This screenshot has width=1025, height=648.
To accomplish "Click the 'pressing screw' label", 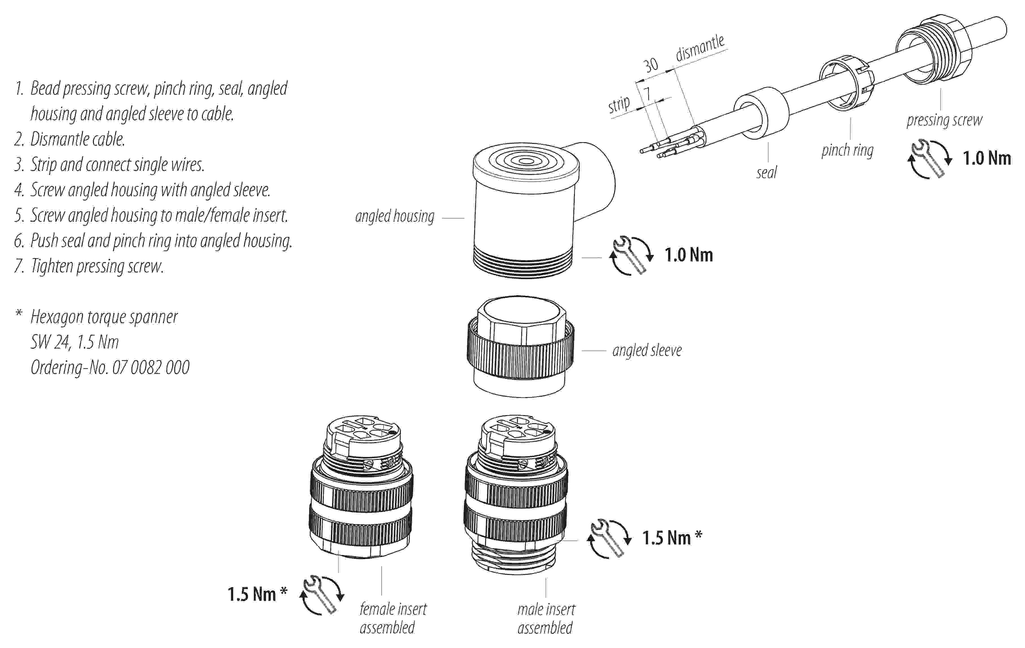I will coord(944,120).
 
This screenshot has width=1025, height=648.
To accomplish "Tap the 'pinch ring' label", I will coord(847,150).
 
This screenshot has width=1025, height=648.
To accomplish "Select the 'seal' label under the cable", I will coord(766,173).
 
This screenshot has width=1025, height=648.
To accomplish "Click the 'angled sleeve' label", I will coord(647,350).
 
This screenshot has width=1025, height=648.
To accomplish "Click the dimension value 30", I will coord(650,65).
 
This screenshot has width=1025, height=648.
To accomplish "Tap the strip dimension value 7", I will coord(647,93).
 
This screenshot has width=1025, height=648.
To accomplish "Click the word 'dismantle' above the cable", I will coord(700,48).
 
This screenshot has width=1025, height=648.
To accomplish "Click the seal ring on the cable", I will coord(761,113).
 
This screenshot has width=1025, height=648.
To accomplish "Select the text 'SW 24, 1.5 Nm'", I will coord(74,342).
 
